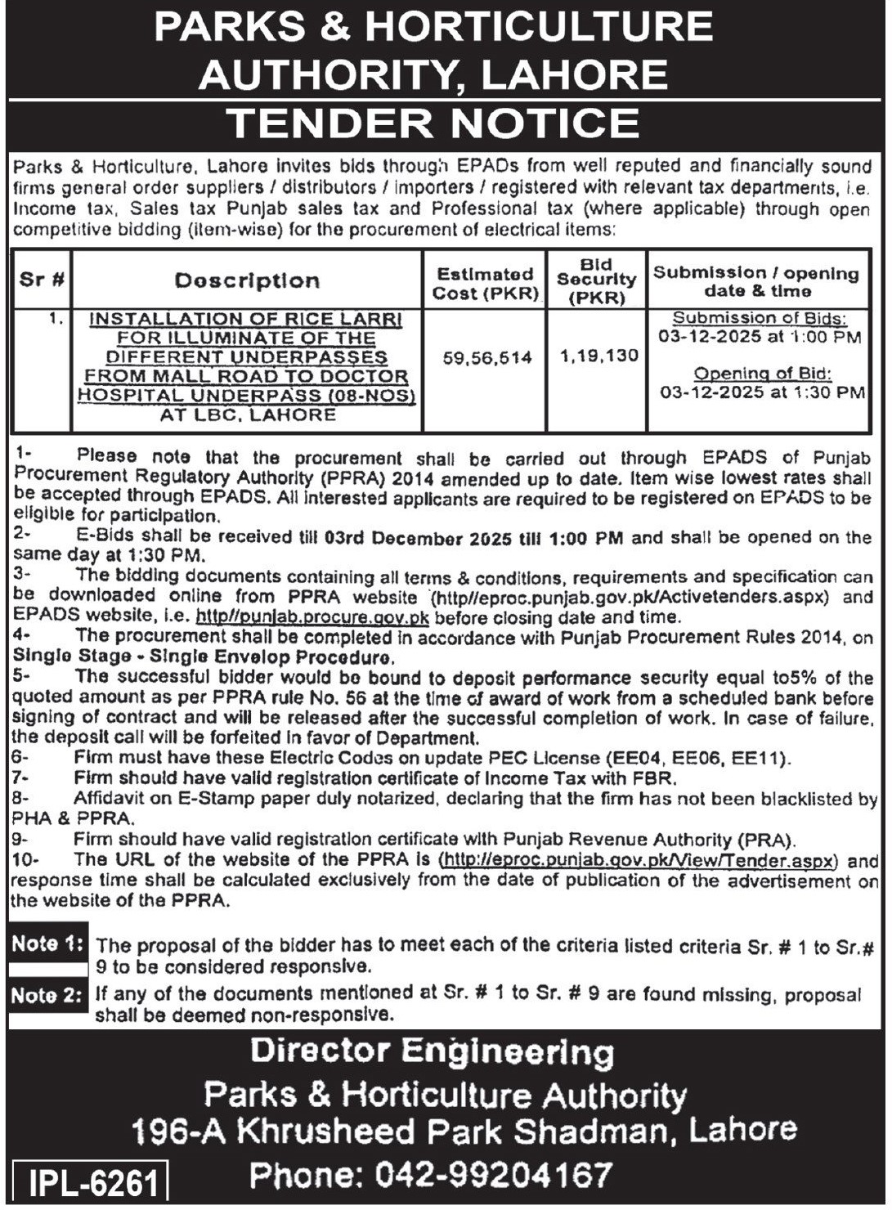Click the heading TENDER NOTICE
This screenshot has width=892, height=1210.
pyautogui.click(x=433, y=123)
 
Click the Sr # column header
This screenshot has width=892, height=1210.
pyautogui.click(x=43, y=280)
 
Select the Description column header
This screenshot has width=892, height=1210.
pyautogui.click(x=247, y=281)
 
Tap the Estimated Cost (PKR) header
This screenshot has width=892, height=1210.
pyautogui.click(x=485, y=284)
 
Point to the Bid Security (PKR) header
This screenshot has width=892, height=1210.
pyautogui.click(x=597, y=281)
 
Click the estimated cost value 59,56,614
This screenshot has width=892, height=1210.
pyautogui.click(x=487, y=358)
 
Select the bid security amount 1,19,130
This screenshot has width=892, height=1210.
pyautogui.click(x=598, y=356)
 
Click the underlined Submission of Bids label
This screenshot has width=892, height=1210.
pyautogui.click(x=760, y=318)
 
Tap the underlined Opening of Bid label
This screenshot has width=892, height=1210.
pyautogui.click(x=762, y=374)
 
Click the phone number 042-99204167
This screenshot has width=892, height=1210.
pyautogui.click(x=494, y=1175)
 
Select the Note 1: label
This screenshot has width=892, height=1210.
pyautogui.click(x=47, y=944)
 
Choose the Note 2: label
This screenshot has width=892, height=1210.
pyautogui.click(x=47, y=996)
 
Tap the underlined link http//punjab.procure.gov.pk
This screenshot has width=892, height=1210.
pyautogui.click(x=312, y=618)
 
